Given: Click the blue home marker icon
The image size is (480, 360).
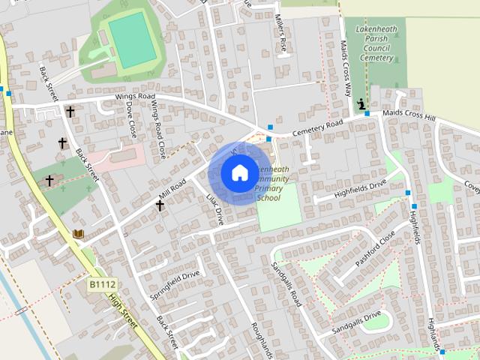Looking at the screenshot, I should [x=239, y=173].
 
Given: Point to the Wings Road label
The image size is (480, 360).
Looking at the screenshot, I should [x=135, y=97].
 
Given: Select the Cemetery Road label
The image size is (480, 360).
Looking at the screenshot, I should [x=317, y=127].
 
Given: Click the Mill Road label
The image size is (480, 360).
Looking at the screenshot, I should [x=172, y=189].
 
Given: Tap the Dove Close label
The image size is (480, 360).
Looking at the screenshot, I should [x=132, y=118].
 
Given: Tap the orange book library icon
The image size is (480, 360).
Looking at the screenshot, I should [x=78, y=234].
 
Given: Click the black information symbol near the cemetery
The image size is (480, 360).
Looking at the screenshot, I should [x=362, y=103].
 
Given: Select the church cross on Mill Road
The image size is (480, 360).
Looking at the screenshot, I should [x=160, y=204].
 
